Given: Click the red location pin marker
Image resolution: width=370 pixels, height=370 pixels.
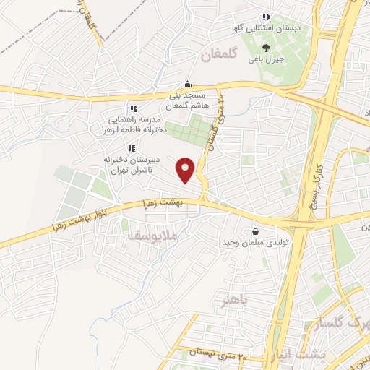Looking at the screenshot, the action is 187,170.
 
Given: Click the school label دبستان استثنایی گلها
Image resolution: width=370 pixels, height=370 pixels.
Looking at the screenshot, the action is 266,27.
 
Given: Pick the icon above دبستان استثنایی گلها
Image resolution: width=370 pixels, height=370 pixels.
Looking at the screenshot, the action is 266,17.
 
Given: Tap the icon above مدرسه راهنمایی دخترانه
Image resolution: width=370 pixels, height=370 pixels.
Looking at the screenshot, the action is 132,107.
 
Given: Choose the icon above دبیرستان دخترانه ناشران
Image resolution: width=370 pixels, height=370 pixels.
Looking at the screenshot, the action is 131,147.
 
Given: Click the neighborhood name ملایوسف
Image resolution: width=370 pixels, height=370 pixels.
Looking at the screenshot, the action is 152,236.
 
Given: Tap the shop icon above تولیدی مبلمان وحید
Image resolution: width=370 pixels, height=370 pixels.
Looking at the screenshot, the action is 255,231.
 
